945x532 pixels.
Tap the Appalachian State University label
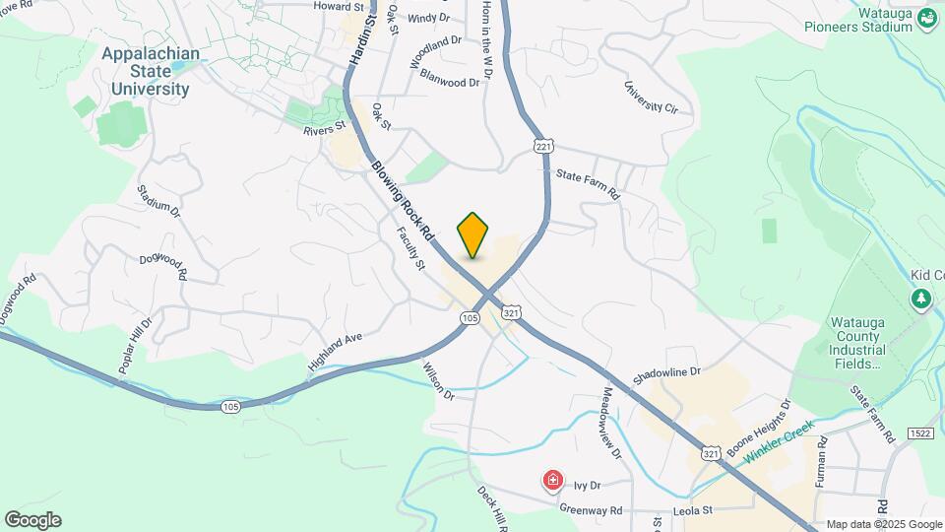coord(150,71)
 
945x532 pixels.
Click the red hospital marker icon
coord(553,481)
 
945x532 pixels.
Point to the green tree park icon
coord(922,299)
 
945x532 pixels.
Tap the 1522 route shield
coord(921,433)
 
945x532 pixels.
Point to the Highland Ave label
coord(335,352)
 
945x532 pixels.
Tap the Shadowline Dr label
coord(666,372)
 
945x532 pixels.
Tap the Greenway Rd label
coord(591,510)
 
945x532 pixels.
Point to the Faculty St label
coord(410,248)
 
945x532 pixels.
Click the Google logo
coord(32,520)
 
